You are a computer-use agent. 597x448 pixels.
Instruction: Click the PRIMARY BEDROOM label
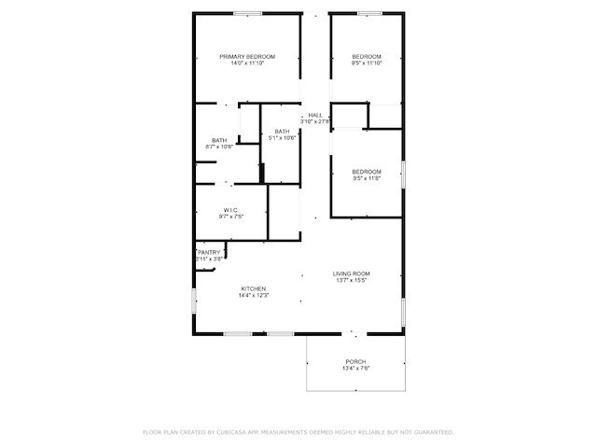[247, 57]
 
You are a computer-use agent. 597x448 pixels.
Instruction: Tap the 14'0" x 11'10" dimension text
[247, 63]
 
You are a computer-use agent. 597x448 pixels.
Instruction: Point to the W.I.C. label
[231, 209]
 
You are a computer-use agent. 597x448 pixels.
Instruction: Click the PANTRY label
[210, 252]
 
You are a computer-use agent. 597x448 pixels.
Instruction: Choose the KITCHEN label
[254, 288]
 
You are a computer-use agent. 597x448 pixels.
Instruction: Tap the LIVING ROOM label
[352, 273]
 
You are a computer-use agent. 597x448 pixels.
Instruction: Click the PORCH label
[355, 361]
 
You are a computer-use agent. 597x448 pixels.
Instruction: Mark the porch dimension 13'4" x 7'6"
[355, 369]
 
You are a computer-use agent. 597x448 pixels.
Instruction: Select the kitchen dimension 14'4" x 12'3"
[254, 296]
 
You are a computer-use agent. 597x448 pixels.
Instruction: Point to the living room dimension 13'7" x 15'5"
[352, 280]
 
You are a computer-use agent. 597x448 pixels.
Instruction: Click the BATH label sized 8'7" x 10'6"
[219, 140]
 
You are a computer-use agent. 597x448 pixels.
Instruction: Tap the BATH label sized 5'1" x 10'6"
[282, 132]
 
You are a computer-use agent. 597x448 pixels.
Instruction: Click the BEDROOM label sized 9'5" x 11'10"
[367, 57]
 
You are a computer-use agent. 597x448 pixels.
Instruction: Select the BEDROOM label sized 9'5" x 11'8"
[367, 171]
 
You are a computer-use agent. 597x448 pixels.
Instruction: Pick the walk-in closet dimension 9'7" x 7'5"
[231, 217]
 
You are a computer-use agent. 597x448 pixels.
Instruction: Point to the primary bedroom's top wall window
[247, 12]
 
